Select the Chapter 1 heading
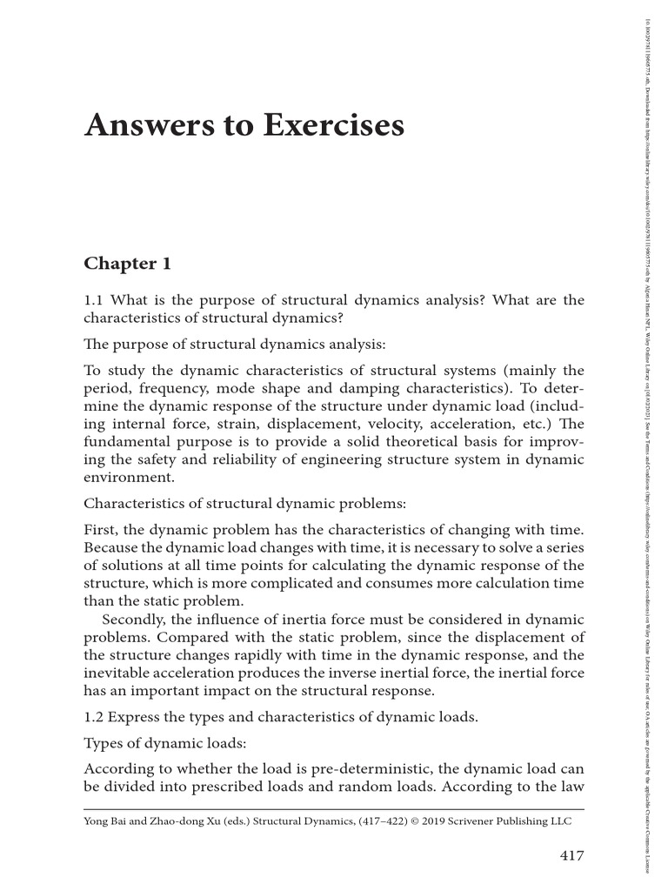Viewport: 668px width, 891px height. pos(127,263)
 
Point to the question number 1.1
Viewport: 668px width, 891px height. pos(95,300)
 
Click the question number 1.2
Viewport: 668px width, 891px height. pos(95,717)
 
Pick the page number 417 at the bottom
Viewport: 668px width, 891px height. pos(570,855)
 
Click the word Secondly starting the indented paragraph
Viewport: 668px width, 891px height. pos(135,619)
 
